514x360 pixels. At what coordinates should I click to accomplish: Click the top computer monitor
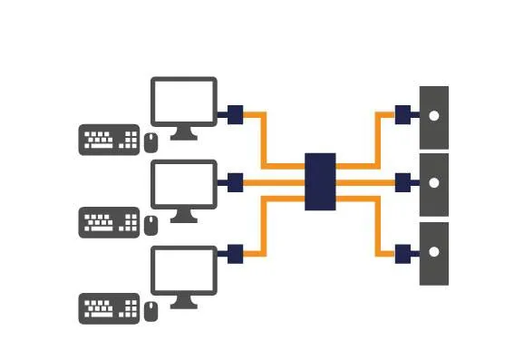pos(183,102)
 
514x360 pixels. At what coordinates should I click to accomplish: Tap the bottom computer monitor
pos(183,270)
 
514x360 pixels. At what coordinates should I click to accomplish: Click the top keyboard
pos(109,140)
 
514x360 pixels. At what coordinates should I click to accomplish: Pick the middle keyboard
pos(109,223)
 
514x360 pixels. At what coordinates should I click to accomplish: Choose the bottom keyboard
pos(109,308)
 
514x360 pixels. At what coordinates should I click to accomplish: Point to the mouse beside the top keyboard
pos(150,141)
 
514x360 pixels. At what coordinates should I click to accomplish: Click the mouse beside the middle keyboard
pos(150,225)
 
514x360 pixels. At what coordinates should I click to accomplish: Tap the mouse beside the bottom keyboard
pos(150,310)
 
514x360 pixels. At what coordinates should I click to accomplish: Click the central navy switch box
pos(320,181)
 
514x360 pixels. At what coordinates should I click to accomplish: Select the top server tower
pos(434,117)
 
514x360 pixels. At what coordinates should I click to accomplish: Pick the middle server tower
pos(434,184)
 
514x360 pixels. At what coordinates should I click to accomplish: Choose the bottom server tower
pos(434,253)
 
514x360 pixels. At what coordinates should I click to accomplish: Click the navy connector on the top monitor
pos(234,114)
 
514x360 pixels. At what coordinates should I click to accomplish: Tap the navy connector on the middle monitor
pos(234,181)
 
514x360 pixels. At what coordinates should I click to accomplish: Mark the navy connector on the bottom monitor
pos(234,251)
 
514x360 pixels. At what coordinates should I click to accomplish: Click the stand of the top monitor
pos(183,133)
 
